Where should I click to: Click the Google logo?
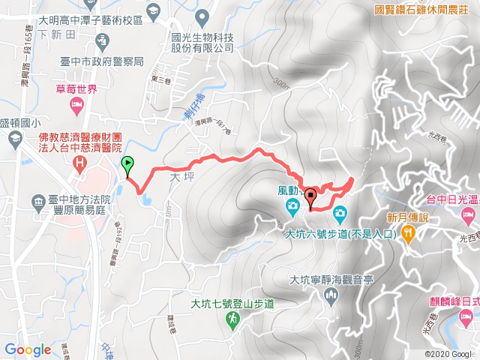pyautogui.click(x=28, y=349)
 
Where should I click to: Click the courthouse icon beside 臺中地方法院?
pyautogui.click(x=38, y=201)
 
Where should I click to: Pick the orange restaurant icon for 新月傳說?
pyautogui.click(x=408, y=234)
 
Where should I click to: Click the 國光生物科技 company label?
pyautogui.click(x=202, y=41)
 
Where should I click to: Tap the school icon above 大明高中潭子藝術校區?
pyautogui.click(x=154, y=10)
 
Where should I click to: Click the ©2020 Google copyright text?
pyautogui.click(x=449, y=354)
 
